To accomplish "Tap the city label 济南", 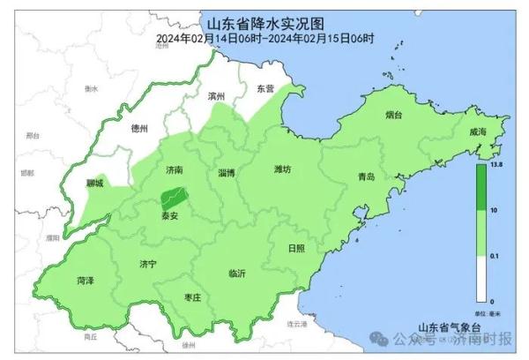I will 173,169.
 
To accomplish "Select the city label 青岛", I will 366,176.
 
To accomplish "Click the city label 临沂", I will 236,274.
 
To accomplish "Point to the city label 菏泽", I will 85,280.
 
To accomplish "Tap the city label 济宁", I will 147,264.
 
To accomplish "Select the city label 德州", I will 138,128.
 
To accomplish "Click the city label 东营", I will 265,88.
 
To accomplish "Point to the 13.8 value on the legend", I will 495,165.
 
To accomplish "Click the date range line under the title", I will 264,38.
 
